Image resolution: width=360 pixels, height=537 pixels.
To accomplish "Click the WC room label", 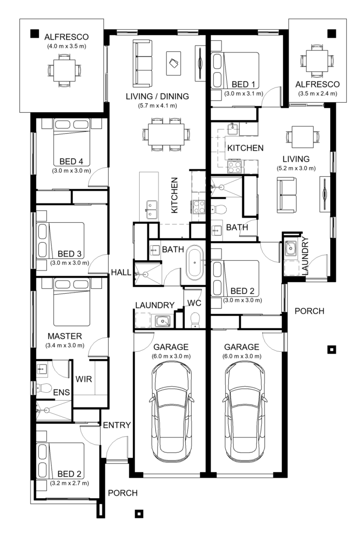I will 195,304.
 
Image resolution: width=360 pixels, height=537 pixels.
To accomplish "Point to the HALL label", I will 120,272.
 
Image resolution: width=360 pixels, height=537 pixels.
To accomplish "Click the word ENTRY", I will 116,425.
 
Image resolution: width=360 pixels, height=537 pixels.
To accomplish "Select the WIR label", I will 84,379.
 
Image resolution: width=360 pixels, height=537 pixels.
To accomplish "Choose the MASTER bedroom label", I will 64,336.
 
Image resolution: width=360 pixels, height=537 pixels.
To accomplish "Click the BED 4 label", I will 71,162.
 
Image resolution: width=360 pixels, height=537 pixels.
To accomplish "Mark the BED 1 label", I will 242,85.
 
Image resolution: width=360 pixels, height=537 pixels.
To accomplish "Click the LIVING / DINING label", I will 157,96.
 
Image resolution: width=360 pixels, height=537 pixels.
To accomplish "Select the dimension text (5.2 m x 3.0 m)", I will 296,168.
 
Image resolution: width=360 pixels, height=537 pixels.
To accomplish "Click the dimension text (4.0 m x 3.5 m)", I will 66,47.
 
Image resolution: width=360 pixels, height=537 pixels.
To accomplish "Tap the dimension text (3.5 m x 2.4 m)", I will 317,94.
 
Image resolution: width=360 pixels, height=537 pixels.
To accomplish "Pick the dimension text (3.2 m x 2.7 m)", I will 70,482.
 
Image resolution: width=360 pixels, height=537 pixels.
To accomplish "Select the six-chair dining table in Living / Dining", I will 164,135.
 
